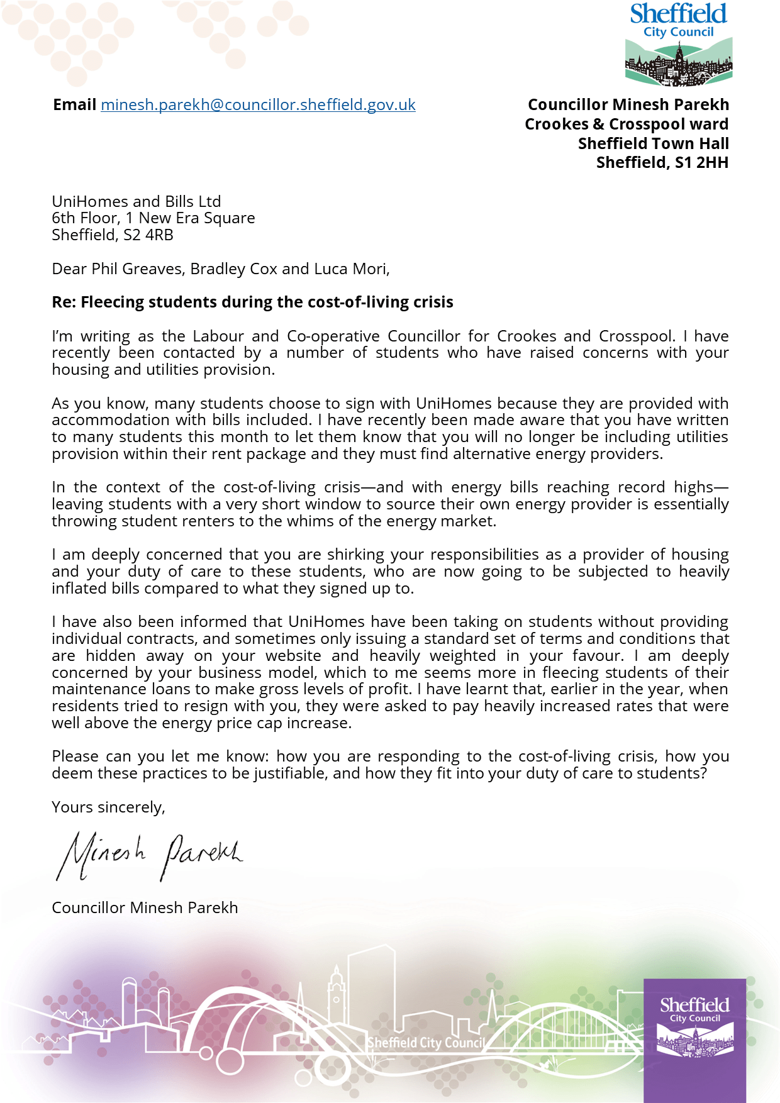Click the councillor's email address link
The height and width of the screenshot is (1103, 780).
click(258, 105)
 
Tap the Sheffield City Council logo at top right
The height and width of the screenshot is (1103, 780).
click(679, 44)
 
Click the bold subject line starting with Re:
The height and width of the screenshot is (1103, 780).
click(252, 302)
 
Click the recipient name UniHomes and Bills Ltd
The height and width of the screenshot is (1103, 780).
click(136, 202)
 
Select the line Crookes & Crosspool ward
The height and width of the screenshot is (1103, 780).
click(627, 125)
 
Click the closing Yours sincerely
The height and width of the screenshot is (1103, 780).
click(108, 807)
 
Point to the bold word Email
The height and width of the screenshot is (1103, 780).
click(74, 105)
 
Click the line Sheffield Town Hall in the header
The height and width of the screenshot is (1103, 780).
click(653, 144)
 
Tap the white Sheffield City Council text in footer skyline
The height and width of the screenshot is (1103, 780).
click(426, 1043)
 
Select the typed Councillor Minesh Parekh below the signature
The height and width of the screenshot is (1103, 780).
click(145, 908)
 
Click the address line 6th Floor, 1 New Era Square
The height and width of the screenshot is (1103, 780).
click(153, 218)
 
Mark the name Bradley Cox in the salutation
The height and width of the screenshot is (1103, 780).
click(233, 269)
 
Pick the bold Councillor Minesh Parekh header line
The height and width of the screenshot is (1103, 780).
click(628, 105)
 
